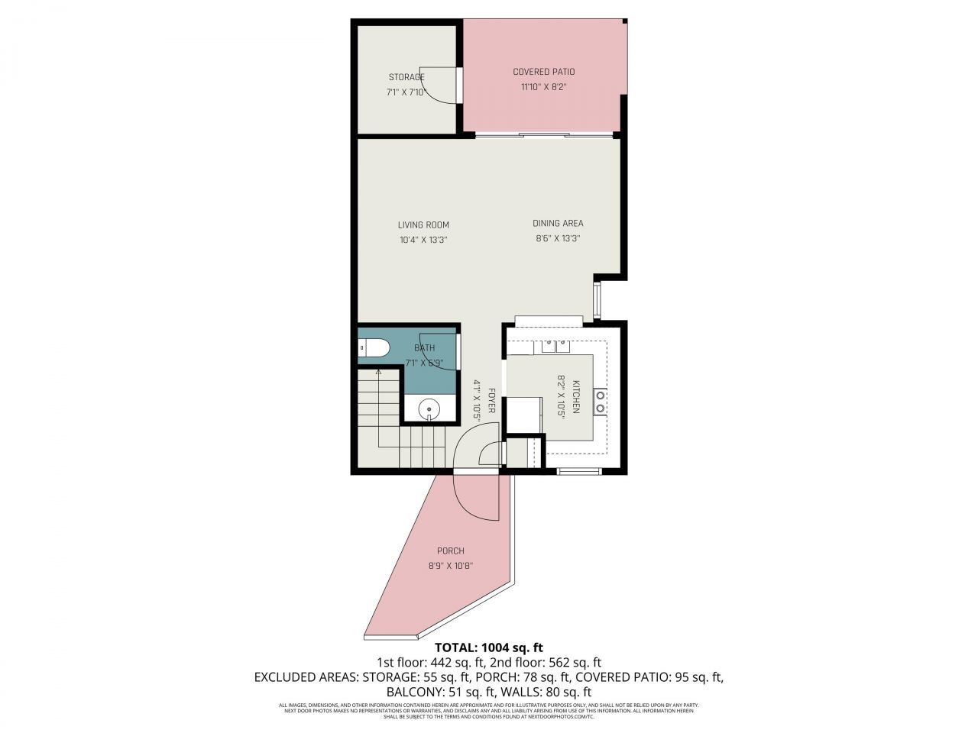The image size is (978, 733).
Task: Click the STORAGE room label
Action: click(406, 77)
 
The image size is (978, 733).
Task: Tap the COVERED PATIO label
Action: click(543, 72)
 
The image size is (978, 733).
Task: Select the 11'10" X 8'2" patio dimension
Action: click(543, 87)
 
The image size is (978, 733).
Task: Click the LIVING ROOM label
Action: click(423, 225)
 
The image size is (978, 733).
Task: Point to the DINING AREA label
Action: click(558, 224)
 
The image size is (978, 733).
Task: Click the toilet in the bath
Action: click(374, 349)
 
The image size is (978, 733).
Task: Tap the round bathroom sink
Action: click(430, 411)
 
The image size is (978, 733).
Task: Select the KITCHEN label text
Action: click(577, 397)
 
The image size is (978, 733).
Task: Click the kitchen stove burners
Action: click(601, 401)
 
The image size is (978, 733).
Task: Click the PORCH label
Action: click(450, 551)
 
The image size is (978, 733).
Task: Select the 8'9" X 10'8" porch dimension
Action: click(450, 567)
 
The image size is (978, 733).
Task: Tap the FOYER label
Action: click(492, 401)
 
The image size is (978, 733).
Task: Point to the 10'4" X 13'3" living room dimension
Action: click(423, 240)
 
